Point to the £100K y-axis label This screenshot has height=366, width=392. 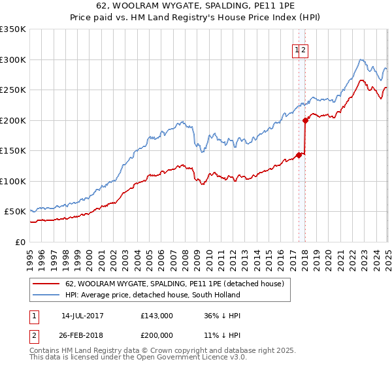pos(12,181)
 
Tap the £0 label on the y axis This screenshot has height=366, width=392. pos(19,242)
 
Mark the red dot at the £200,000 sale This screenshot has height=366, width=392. pos(306,120)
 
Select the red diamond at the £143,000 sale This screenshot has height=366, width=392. pos(299,155)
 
